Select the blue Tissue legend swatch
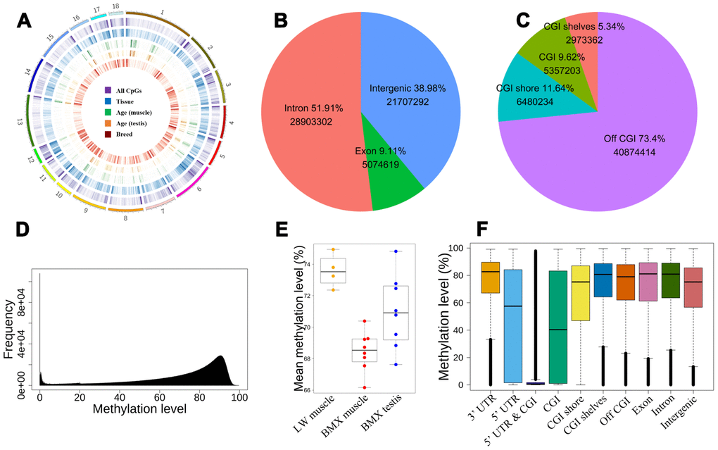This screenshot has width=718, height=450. coord(108,101)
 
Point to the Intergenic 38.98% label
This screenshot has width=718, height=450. coord(412,88)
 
